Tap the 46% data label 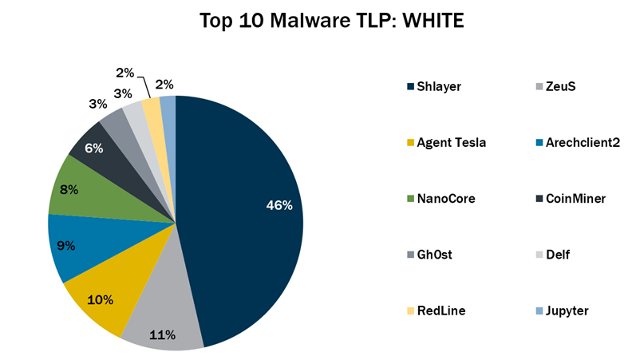pos(278,205)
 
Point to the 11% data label pos(163,334)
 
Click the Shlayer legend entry pos(434,86)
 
